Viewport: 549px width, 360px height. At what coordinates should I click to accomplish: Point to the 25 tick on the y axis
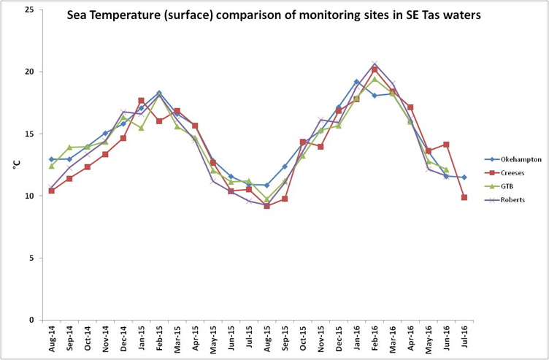tap(29, 10)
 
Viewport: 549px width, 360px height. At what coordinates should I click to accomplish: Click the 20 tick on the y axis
tap(29, 72)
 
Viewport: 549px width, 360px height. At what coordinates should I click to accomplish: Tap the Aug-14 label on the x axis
tap(51, 339)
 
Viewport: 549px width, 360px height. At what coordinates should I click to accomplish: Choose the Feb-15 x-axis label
tap(158, 339)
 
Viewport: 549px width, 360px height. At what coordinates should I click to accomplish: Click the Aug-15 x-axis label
tap(266, 339)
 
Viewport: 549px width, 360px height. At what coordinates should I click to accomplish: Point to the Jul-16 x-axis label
tap(464, 339)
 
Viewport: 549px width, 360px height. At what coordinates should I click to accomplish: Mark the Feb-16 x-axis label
tap(375, 339)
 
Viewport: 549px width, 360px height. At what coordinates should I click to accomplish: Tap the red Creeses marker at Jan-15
tap(141, 101)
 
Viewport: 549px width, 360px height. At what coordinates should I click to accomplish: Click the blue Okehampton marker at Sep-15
tap(285, 166)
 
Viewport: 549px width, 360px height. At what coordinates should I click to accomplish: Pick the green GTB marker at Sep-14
tap(69, 148)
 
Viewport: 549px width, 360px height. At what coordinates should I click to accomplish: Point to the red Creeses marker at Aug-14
tap(51, 191)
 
